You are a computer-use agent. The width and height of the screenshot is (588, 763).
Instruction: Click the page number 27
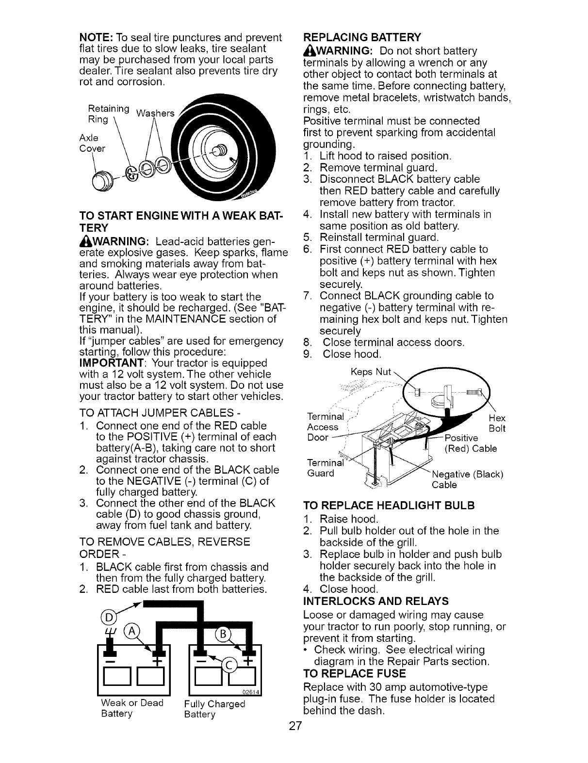coord(294,726)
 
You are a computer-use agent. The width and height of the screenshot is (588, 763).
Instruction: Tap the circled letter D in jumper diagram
coord(108,616)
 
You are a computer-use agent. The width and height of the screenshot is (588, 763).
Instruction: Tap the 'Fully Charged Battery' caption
coord(215,709)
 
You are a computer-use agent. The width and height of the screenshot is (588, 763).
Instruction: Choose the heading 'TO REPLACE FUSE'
coord(354,674)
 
